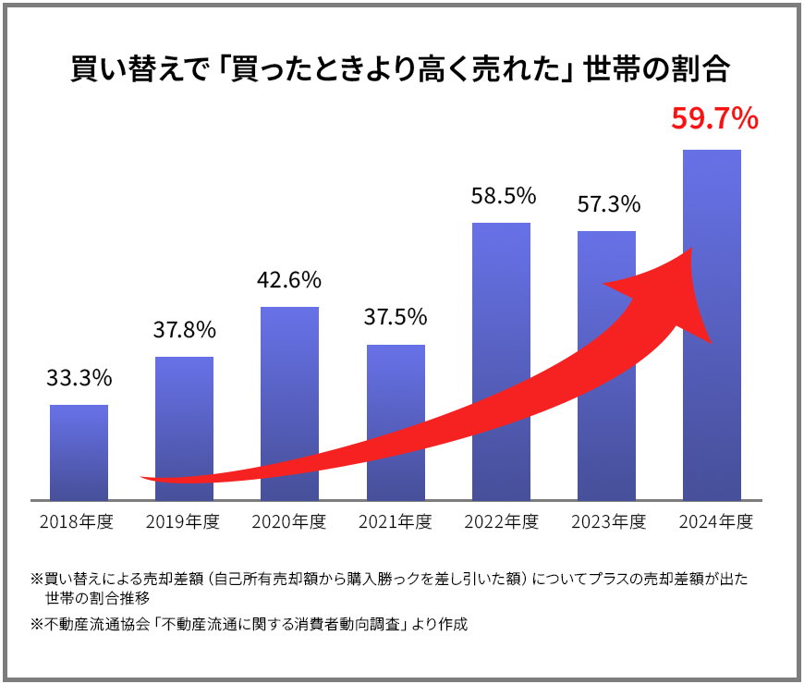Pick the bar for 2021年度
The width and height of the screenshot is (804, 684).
(x=396, y=388)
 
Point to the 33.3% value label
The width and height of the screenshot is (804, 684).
(x=79, y=377)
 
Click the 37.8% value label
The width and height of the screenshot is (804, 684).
(x=184, y=330)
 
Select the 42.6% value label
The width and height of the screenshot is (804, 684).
(x=289, y=279)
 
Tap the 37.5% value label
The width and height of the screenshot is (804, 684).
(x=396, y=317)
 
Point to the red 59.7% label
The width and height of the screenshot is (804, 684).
(x=714, y=119)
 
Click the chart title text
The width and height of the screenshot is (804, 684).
(x=401, y=70)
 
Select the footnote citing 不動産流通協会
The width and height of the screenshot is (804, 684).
(x=250, y=624)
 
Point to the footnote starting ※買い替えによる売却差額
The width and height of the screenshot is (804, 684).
(x=389, y=580)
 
